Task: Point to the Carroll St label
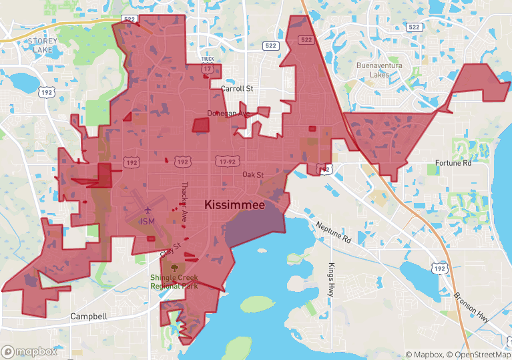tap(237, 88)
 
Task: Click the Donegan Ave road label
tap(228, 114)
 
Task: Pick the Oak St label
tap(253, 175)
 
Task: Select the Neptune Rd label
tap(334, 232)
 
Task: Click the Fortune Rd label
tap(453, 163)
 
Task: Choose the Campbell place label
tap(88, 316)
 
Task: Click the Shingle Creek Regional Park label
tap(174, 281)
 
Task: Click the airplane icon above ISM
tap(148, 210)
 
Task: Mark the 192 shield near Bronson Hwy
tap(439, 267)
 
